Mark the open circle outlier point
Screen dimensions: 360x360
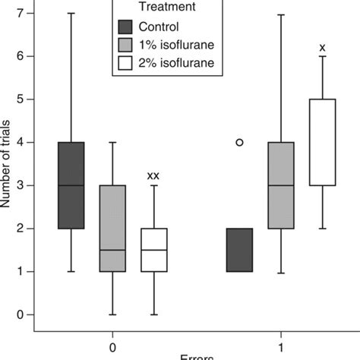[x=240, y=142]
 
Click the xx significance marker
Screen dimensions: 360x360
[x=153, y=175]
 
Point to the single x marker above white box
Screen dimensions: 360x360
[x=323, y=47]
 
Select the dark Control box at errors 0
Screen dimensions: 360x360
[x=72, y=185]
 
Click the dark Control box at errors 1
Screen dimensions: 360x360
[x=240, y=250]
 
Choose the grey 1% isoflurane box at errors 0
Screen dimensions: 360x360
[x=113, y=228]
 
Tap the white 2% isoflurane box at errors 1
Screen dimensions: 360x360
[x=323, y=142]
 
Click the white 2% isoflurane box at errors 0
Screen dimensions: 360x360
[x=155, y=250]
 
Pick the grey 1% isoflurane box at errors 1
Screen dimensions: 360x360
[x=282, y=185]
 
